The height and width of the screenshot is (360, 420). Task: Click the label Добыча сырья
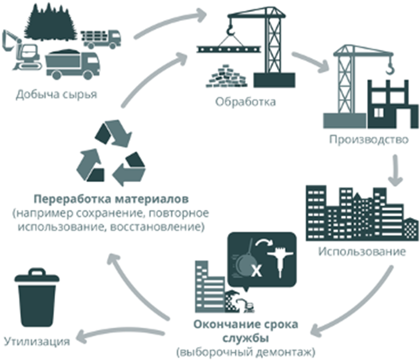coord(56,94)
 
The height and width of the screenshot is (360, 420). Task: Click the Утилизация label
coord(37,341)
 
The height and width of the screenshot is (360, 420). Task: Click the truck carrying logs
coord(102,38)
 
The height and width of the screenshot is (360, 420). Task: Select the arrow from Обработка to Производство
coord(311,62)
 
